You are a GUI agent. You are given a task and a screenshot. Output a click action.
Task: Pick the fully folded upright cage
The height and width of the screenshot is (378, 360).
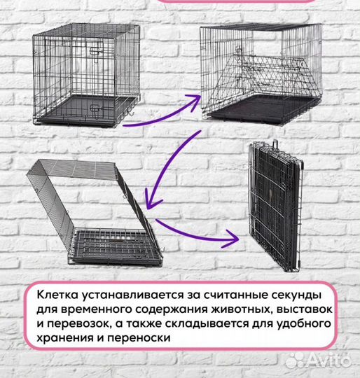275,206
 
